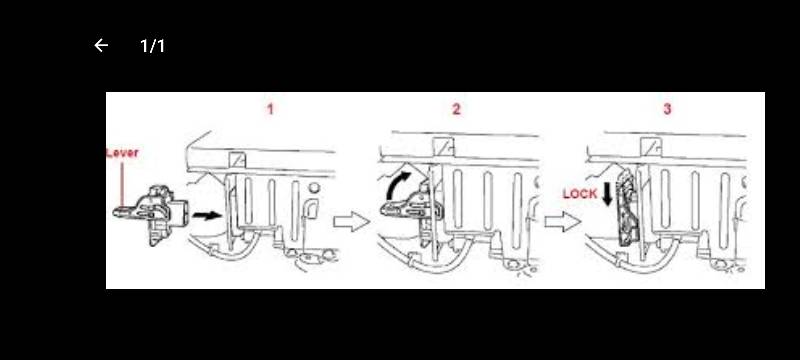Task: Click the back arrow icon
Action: [101, 46]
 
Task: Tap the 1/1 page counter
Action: [153, 46]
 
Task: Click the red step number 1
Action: [270, 109]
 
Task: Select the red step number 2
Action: [456, 109]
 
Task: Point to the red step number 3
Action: [667, 109]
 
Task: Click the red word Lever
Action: [122, 153]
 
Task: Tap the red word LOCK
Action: [580, 194]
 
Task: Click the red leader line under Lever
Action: [122, 184]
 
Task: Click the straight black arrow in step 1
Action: [207, 216]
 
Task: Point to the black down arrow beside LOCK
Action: [607, 195]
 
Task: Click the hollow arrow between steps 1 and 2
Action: [352, 222]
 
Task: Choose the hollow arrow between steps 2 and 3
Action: [563, 222]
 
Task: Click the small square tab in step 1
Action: [237, 160]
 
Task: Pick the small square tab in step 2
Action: [440, 146]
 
